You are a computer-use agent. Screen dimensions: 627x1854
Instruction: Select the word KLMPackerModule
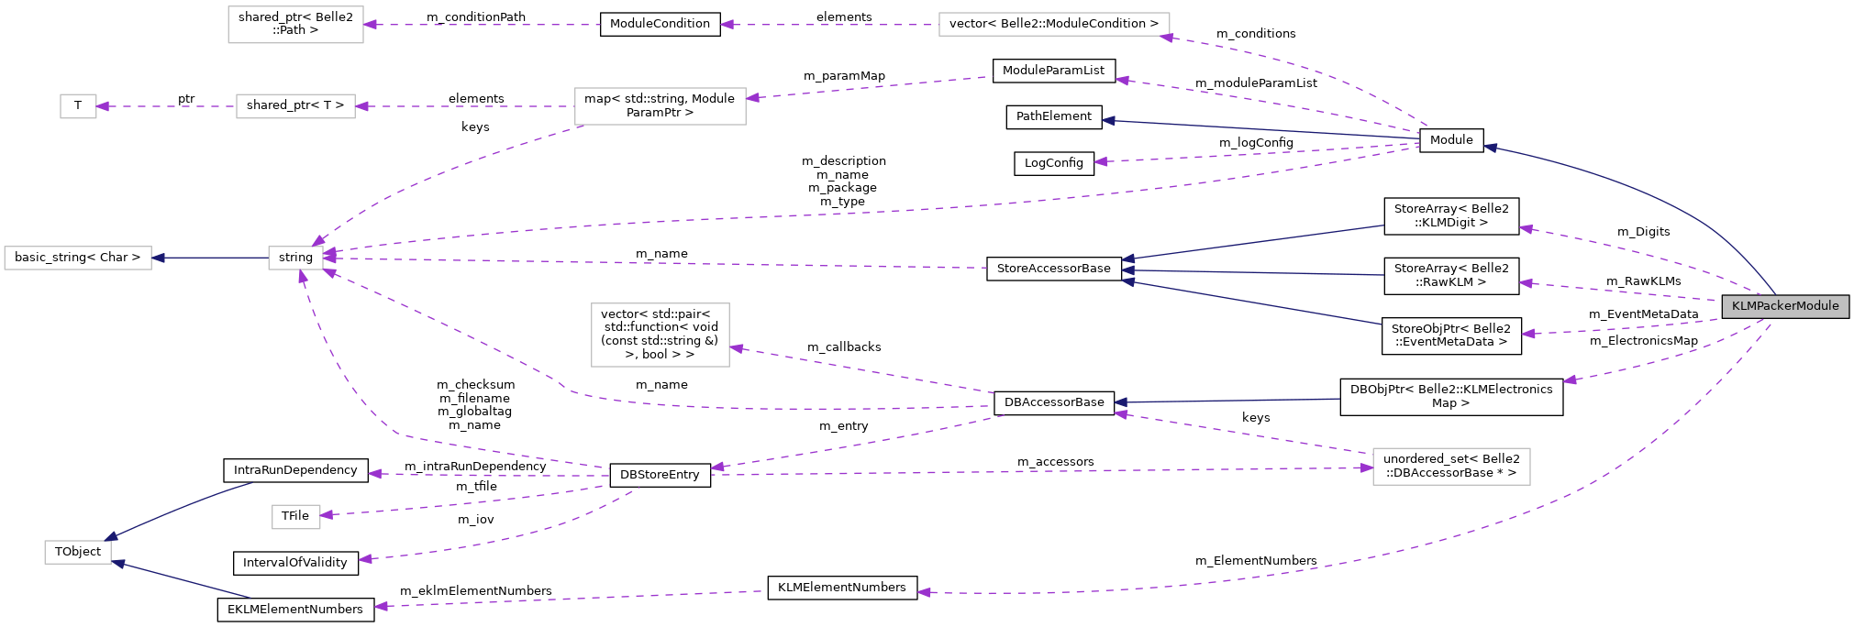tap(1785, 306)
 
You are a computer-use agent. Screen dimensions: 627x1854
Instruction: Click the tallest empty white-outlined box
tap(660, 335)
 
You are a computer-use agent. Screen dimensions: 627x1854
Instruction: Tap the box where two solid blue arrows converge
tap(78, 552)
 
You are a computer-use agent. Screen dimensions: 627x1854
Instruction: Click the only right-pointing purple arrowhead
tap(1366, 467)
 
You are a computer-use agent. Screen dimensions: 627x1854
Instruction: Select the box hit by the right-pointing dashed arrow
tap(1450, 467)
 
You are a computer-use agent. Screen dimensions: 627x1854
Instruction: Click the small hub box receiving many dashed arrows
tap(295, 258)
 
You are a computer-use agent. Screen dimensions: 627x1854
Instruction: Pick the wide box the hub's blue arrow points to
tap(78, 258)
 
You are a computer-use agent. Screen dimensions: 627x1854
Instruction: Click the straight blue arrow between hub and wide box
tap(211, 258)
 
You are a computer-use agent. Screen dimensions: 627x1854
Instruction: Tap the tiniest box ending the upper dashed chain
tap(78, 106)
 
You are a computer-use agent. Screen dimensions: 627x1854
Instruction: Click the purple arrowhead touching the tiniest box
tap(103, 106)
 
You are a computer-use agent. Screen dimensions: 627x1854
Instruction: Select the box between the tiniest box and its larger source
tap(295, 106)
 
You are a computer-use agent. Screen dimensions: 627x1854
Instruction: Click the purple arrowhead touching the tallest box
tap(737, 348)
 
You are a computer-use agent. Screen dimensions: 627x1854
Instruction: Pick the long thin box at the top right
tap(1053, 25)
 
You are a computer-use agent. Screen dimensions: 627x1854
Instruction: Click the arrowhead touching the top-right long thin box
tap(1166, 38)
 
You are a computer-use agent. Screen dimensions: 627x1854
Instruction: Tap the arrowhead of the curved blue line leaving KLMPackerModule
tap(1491, 148)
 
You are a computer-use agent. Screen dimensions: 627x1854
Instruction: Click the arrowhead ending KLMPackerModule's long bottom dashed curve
tap(924, 592)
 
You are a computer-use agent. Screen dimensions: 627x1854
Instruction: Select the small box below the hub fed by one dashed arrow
tap(295, 517)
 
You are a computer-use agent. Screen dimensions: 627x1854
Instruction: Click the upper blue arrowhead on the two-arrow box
tap(112, 536)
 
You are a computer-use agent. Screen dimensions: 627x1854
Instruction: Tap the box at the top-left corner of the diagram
tap(295, 25)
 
